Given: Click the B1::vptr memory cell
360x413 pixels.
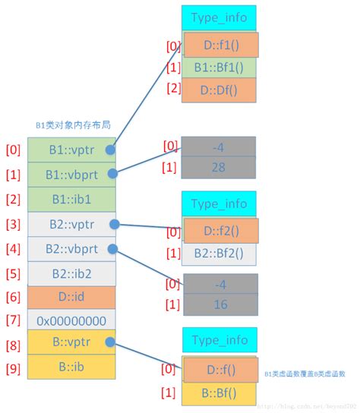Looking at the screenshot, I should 71,149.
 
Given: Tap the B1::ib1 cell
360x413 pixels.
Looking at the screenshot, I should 71,199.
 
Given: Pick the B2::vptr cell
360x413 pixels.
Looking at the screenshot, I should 71,224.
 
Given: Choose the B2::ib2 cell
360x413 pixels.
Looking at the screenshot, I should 71,273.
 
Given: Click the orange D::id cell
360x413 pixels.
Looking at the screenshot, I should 71,297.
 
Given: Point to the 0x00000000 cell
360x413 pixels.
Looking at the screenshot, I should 71,320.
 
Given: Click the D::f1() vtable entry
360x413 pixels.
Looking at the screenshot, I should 220,46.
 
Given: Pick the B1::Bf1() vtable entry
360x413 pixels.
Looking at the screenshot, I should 219,68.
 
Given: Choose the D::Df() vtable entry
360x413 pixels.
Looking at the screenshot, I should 219,90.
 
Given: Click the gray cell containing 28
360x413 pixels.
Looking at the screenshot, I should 219,166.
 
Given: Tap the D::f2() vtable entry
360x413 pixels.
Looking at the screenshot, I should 220,231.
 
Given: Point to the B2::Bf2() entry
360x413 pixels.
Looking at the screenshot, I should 219,254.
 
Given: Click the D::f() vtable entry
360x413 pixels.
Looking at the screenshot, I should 220,370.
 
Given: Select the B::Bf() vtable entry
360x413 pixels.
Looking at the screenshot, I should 219,393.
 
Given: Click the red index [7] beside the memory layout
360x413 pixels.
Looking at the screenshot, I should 13,320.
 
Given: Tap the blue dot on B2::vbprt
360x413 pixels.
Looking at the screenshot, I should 112,249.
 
